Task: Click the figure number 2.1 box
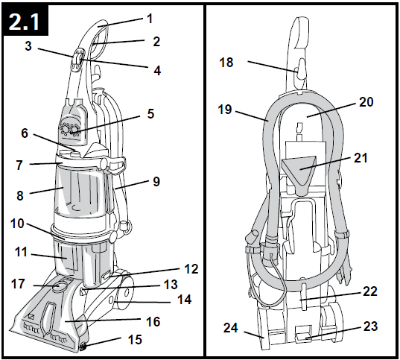[x=25, y=20]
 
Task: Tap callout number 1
[x=150, y=19]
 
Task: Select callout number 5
[x=150, y=113]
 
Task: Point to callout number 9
[x=156, y=182]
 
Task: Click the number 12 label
[x=191, y=269]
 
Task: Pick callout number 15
[x=134, y=340]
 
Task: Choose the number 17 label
[x=18, y=284]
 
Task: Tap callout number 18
[x=226, y=63]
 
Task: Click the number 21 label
[x=361, y=158]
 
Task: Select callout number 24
[x=231, y=328]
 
